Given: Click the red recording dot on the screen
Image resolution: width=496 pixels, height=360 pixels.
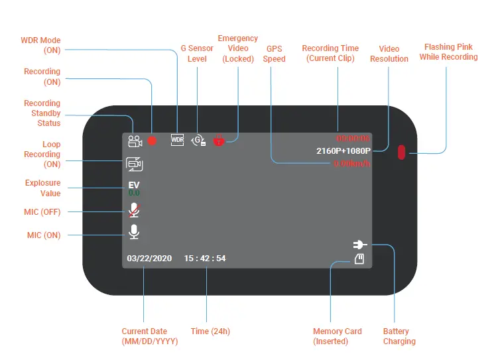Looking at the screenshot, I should pyautogui.click(x=152, y=141).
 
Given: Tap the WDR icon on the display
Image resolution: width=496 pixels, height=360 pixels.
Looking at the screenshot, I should pyautogui.click(x=177, y=140).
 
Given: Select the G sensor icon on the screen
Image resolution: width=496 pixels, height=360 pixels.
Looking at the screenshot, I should pyautogui.click(x=198, y=140).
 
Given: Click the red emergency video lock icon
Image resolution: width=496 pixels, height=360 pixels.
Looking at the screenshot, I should pyautogui.click(x=219, y=141).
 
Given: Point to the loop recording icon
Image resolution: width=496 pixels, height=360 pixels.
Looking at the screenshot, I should pyautogui.click(x=135, y=164).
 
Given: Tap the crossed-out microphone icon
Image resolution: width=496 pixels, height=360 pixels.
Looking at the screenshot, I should pyautogui.click(x=134, y=210).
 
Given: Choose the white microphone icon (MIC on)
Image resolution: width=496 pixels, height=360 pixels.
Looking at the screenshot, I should pyautogui.click(x=134, y=231).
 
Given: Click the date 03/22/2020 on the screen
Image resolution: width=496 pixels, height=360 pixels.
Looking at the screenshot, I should pyautogui.click(x=149, y=258).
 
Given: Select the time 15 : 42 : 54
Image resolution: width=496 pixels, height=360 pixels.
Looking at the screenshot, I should pyautogui.click(x=205, y=258).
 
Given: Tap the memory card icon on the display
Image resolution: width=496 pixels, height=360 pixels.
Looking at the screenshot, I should pyautogui.click(x=359, y=259).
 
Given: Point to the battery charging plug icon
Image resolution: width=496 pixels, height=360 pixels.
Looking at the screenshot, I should pyautogui.click(x=360, y=245).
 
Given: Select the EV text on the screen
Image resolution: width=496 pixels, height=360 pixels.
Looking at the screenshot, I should pyautogui.click(x=134, y=185).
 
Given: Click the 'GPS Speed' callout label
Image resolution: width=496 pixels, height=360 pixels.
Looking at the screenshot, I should pyautogui.click(x=275, y=54).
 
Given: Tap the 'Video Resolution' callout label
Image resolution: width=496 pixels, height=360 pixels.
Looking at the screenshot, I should pyautogui.click(x=389, y=54).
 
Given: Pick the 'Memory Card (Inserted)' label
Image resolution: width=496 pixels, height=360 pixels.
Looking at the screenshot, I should pyautogui.click(x=338, y=336).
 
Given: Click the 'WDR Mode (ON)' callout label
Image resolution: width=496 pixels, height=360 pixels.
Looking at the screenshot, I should pyautogui.click(x=42, y=45).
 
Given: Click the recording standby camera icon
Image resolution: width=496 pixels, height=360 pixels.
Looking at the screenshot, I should pyautogui.click(x=135, y=141).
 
